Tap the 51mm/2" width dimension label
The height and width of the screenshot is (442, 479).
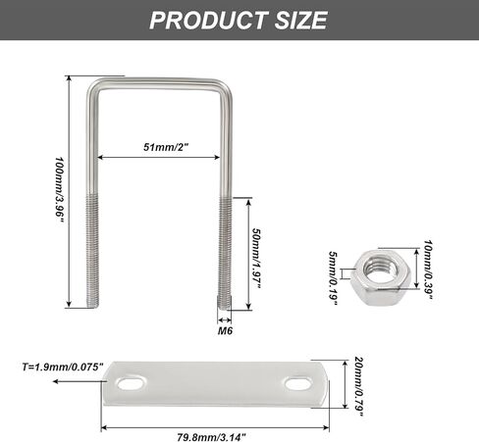pyautogui.click(x=164, y=148)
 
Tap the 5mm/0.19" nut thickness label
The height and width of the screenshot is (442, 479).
pyautogui.click(x=334, y=276)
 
